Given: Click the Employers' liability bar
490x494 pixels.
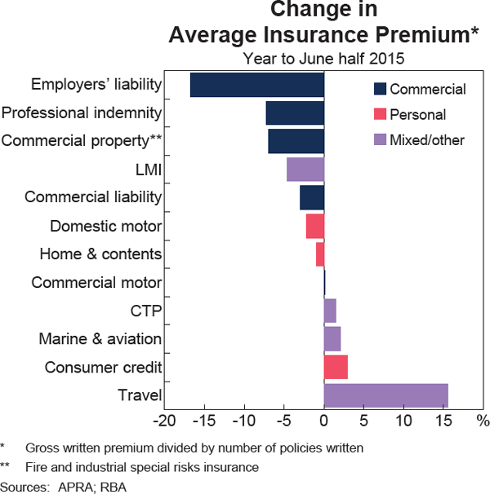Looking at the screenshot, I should pos(257,86).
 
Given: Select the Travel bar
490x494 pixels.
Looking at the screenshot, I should pos(385,395).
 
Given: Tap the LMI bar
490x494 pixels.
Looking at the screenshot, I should pos(305,170).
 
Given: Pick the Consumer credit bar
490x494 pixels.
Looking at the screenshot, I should pos(336,367).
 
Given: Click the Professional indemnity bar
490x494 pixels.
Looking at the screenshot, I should pos(295,113).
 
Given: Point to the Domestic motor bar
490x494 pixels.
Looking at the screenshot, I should pos(315,226).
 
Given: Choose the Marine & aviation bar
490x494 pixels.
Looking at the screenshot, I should pos(332,338).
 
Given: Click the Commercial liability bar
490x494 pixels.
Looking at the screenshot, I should pos(312,198).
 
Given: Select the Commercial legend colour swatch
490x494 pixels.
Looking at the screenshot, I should pos(380,89).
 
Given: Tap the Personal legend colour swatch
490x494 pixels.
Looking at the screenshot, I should pos(380,114).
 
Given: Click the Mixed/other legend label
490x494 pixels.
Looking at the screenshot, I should pos(427,140).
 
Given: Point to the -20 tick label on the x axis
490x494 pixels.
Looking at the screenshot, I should pos(165,421).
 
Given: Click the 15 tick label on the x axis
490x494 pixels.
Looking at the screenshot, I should pos(443,421).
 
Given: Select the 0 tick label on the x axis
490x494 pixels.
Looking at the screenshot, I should pos(324,421).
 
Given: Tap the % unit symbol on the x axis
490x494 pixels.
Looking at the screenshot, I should pos(483,421).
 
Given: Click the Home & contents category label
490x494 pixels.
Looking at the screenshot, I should pos(100,254).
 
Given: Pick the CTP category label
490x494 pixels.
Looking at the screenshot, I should pos(146,311).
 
